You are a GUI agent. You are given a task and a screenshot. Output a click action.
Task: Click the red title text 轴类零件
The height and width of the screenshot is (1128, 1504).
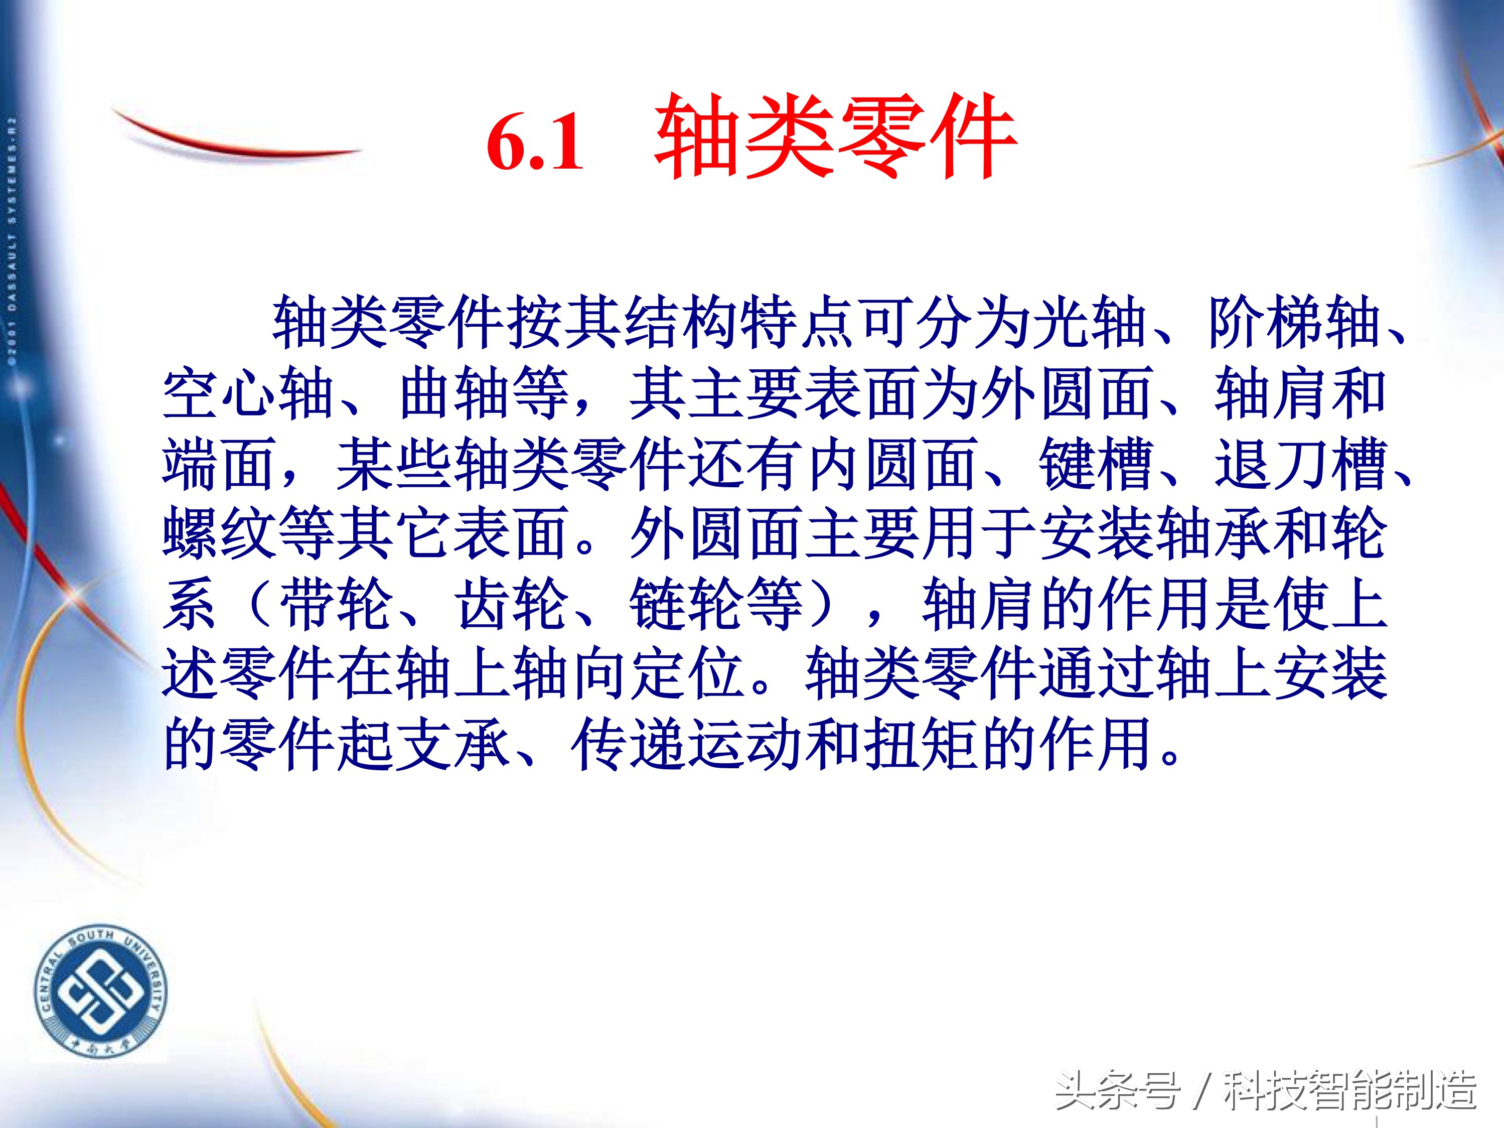[x=835, y=137]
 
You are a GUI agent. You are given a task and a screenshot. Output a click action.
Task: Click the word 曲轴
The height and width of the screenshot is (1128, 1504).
[x=456, y=393]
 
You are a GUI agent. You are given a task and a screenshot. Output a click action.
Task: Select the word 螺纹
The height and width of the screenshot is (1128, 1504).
[x=218, y=534]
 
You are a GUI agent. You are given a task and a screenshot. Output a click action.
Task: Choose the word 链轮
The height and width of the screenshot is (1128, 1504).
[x=687, y=604]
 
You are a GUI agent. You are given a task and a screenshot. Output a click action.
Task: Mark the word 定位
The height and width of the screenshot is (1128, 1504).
[x=687, y=674]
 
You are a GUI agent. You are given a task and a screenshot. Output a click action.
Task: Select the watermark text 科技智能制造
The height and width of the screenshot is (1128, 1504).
[x=1349, y=1090]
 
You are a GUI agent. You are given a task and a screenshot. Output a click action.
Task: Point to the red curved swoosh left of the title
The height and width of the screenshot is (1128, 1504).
[x=231, y=139]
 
